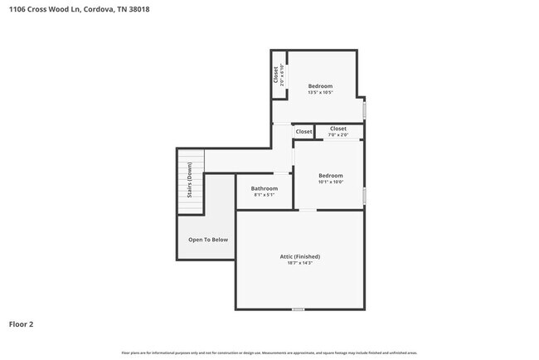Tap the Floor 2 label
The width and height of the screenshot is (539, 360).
tap(22, 324)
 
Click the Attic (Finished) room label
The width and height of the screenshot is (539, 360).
tap(299, 256)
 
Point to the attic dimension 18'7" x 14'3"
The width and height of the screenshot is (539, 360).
tap(299, 263)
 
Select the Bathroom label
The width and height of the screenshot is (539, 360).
tap(265, 188)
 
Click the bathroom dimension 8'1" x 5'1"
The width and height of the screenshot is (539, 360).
tap(265, 195)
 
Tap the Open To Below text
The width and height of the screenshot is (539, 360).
tap(208, 240)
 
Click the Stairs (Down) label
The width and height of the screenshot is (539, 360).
tap(190, 182)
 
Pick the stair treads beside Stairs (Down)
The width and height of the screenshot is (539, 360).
tap(198, 182)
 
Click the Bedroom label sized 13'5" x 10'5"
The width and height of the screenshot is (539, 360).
tap(320, 86)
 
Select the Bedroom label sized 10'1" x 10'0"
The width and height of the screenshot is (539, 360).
tap(331, 175)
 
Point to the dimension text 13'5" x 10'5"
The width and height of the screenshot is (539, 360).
tap(320, 93)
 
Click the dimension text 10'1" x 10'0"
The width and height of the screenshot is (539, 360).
tap(331, 182)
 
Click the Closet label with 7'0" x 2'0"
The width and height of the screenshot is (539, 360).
tap(338, 129)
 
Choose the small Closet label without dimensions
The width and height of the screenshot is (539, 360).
tap(303, 132)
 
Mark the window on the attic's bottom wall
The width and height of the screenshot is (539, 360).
tap(298, 309)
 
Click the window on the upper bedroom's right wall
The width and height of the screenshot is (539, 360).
tap(364, 109)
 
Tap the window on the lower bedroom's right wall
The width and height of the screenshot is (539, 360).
tap(364, 196)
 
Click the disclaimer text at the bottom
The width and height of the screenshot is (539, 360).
tap(269, 353)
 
